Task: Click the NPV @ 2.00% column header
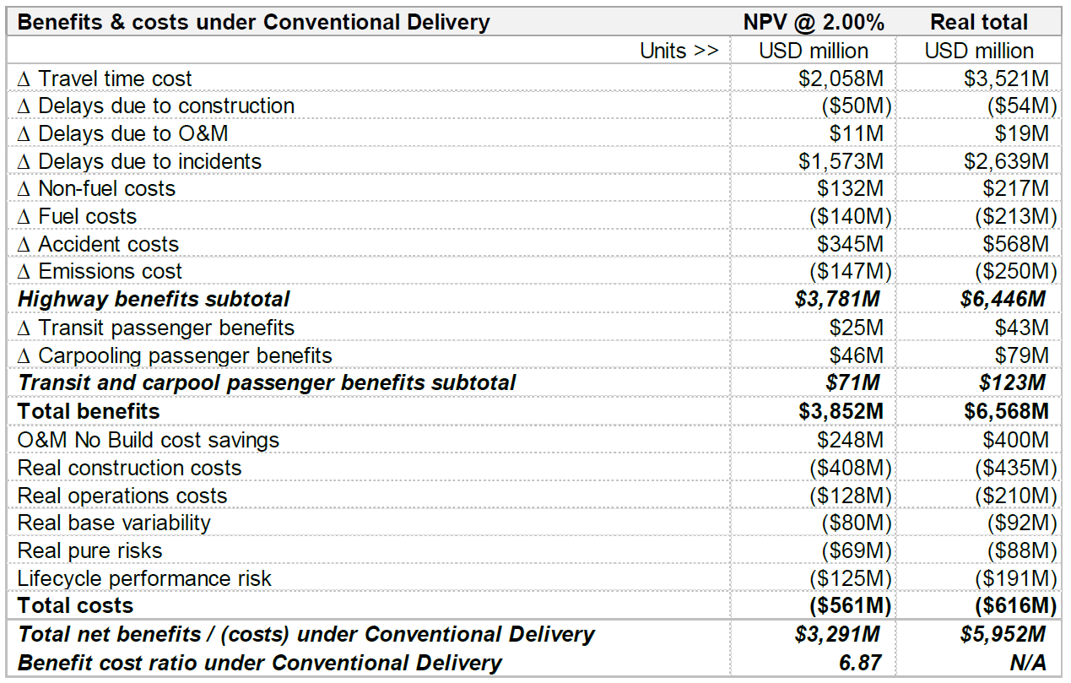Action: point(814,22)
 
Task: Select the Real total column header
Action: point(979,22)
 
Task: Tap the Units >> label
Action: point(679,51)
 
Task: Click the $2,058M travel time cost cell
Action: point(841,79)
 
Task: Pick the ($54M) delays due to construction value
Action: point(1022,106)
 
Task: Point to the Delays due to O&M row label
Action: point(123,133)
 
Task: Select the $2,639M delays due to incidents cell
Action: point(1007,161)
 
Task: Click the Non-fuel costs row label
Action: point(96,188)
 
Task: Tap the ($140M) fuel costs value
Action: point(851,216)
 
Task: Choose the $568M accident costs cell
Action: point(1015,244)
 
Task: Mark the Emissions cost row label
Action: point(100,271)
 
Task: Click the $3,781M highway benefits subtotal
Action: point(837,299)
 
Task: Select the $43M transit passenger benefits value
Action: point(1022,328)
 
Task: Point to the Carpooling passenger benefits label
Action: point(175,355)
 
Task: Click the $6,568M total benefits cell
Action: point(1007,411)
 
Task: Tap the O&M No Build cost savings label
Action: point(149,440)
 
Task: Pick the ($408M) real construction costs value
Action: point(851,468)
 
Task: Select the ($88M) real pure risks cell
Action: point(1022,550)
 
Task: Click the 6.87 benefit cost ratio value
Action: point(860,663)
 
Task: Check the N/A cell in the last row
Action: point(1028,663)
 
